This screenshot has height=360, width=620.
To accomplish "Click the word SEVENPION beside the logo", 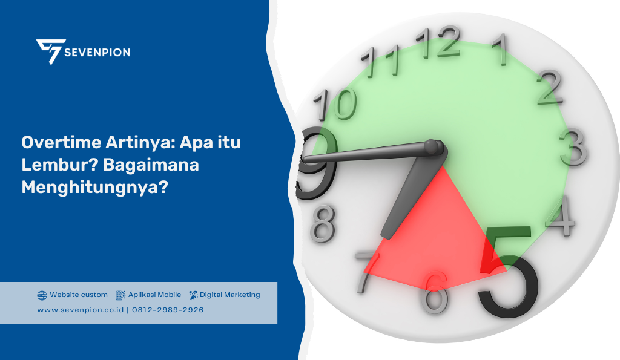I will point(98,52).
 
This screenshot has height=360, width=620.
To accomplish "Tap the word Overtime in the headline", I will point(53,143).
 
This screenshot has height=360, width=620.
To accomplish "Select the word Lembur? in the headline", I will point(51,165).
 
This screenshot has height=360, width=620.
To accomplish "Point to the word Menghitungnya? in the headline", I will point(94,187).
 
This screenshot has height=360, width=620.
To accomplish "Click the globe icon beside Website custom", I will point(42,295).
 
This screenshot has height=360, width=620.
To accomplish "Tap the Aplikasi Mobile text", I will point(154,295).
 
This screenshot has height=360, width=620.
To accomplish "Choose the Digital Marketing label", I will point(229,295).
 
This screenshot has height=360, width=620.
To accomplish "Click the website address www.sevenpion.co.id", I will point(80,310).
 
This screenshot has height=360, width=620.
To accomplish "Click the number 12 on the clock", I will point(445,43).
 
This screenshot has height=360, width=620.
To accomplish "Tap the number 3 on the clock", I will point(572,147).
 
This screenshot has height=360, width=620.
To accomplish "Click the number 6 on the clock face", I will point(435,293).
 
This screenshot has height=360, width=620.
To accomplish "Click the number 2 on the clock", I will point(549,88).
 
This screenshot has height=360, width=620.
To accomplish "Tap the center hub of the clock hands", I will point(434,148).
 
